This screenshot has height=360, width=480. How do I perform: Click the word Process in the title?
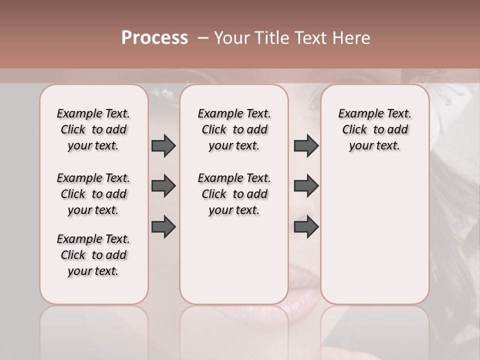(154, 37)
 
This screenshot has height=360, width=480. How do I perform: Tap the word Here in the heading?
(350, 38)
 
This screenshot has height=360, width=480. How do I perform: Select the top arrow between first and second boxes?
(163, 145)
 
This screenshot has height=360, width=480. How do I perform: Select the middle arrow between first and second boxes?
(163, 186)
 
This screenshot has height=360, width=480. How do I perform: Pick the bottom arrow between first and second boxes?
(163, 226)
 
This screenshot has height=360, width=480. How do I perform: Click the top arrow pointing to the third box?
(306, 145)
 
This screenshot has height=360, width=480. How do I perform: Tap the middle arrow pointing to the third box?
(306, 186)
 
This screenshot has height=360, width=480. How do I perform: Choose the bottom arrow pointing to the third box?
(306, 226)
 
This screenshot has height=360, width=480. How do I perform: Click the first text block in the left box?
(93, 129)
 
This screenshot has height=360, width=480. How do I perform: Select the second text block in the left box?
(93, 194)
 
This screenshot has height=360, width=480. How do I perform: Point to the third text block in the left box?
(93, 255)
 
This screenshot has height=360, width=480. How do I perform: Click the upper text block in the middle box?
(234, 129)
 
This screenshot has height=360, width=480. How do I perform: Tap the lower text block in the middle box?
(234, 194)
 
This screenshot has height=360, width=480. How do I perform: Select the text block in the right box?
(374, 129)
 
